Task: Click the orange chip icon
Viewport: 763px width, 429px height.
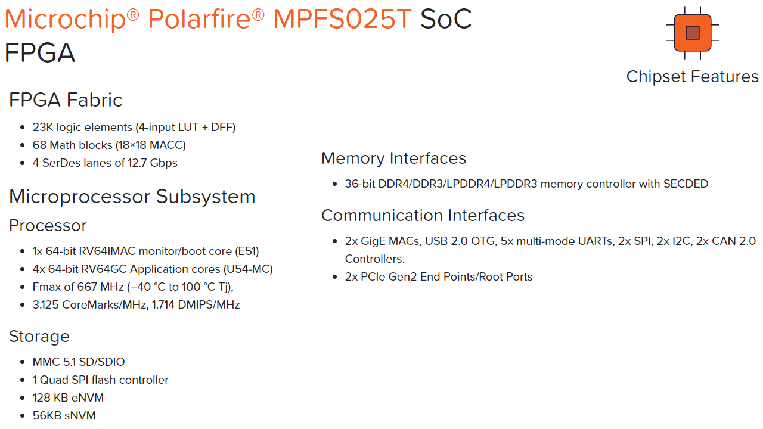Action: (x=693, y=33)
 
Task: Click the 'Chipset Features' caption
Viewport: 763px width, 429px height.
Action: (x=693, y=77)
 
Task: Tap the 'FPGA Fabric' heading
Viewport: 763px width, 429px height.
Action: (x=66, y=100)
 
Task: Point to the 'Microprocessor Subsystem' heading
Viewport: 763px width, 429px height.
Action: (x=132, y=197)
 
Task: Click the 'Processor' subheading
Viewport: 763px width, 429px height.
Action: (x=48, y=225)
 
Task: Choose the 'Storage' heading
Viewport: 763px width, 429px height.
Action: (x=39, y=337)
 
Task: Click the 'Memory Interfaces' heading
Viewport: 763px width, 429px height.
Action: (x=393, y=158)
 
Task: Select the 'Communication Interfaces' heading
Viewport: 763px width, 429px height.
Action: (x=423, y=216)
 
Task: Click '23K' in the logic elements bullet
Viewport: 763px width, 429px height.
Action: (x=43, y=128)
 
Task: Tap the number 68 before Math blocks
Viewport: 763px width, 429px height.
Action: (x=39, y=145)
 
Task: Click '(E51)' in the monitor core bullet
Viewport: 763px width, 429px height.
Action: (x=247, y=251)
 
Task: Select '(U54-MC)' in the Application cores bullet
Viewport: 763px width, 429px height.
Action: (x=248, y=269)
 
